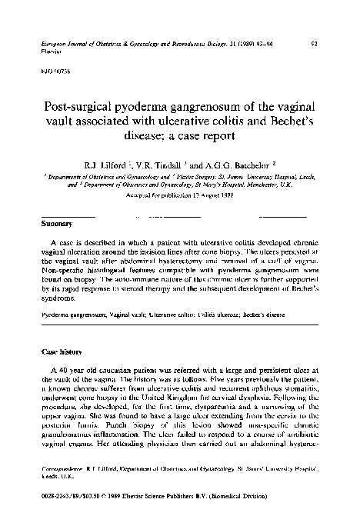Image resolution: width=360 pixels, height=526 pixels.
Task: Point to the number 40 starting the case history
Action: coord(62,370)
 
